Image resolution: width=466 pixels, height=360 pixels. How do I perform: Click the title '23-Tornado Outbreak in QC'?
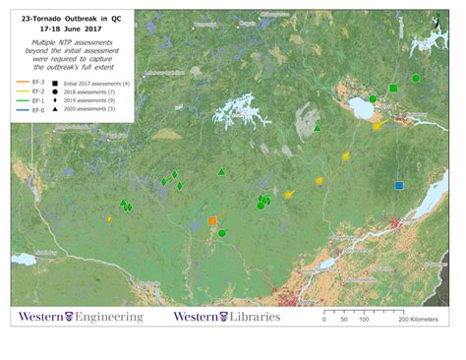(x=71, y=18)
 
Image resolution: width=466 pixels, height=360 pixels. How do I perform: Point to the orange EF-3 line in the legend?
(x=24, y=85)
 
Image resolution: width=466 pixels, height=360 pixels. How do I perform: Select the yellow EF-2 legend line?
(x=24, y=93)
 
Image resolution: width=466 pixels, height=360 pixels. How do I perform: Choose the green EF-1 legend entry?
(x=24, y=101)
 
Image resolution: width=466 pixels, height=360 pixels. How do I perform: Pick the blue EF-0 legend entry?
(x=24, y=110)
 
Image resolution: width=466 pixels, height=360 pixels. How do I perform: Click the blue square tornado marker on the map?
(x=399, y=185)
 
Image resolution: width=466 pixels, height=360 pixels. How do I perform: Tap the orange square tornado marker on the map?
(x=212, y=221)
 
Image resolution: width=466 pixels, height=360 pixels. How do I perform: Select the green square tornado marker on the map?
(x=393, y=88)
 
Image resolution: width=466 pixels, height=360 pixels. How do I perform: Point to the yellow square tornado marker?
(x=377, y=126)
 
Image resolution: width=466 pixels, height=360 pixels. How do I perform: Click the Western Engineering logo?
(x=79, y=317)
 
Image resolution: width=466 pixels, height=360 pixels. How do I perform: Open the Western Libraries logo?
(x=226, y=317)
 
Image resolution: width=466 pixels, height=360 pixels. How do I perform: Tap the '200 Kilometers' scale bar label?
(x=417, y=321)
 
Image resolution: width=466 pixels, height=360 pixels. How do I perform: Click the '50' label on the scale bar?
(x=344, y=321)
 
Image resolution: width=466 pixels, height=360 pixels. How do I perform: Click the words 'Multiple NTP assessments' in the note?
(x=71, y=43)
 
